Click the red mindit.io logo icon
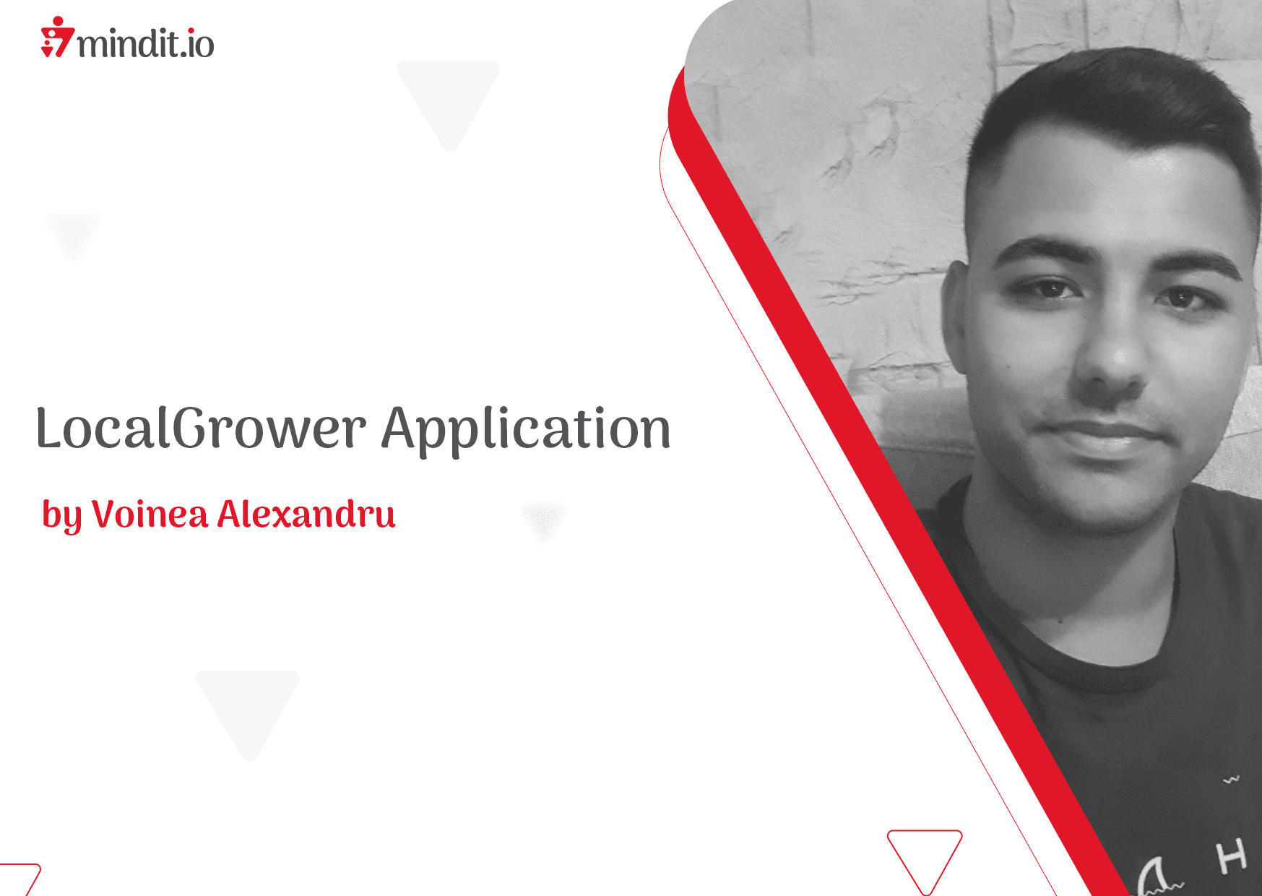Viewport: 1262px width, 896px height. pyautogui.click(x=57, y=37)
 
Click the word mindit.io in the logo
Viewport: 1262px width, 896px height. pyautogui.click(x=145, y=43)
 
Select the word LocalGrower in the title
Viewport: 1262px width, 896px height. pyautogui.click(x=201, y=428)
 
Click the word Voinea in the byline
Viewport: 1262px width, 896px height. pyautogui.click(x=150, y=514)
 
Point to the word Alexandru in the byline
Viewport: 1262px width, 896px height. pyautogui.click(x=306, y=514)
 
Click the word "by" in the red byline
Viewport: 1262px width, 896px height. pyautogui.click(x=61, y=516)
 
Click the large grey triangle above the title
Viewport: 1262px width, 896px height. pyautogui.click(x=449, y=98)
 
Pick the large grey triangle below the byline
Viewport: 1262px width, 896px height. pyautogui.click(x=248, y=708)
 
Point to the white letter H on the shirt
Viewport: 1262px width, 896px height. pyautogui.click(x=1232, y=857)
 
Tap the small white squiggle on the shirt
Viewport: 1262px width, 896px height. pyautogui.click(x=1231, y=780)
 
